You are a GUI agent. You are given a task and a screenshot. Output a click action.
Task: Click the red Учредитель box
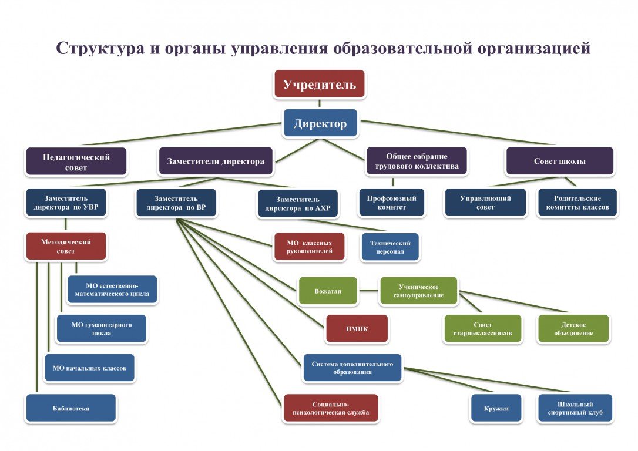[320, 84]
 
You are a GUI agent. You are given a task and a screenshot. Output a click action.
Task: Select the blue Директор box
[320, 123]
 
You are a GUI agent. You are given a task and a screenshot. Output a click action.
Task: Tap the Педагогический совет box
[76, 161]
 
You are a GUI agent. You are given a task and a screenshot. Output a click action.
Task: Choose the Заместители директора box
[216, 161]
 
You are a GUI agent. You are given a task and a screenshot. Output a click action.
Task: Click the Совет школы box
[559, 161]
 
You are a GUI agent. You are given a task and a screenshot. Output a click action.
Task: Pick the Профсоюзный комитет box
[392, 203]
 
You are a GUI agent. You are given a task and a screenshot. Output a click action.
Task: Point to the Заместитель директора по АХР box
[298, 204]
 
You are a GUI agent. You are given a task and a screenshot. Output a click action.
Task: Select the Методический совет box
[66, 246]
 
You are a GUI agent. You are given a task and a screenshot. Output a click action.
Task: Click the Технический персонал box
[390, 247]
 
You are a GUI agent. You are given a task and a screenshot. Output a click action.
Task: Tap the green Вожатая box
[328, 291]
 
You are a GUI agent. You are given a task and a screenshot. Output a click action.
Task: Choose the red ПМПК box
[357, 329]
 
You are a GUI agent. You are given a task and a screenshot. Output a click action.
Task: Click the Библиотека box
[71, 408]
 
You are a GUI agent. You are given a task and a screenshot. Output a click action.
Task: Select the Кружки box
[496, 408]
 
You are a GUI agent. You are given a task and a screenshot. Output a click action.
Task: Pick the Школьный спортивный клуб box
[575, 408]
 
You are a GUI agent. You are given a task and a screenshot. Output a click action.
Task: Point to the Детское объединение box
[573, 329]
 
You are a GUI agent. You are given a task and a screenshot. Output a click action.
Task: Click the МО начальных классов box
[89, 368]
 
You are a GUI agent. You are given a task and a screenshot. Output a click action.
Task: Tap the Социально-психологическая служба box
[331, 408]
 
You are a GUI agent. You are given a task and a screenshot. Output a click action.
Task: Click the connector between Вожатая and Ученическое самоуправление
[368, 291]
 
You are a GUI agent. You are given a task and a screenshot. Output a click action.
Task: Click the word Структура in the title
[100, 48]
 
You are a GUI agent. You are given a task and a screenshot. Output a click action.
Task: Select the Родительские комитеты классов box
[577, 203]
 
